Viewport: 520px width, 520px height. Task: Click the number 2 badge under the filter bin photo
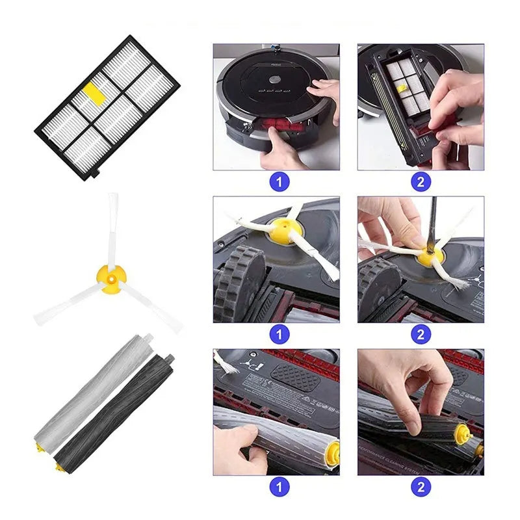click(x=421, y=181)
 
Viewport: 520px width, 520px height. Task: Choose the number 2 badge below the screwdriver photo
click(x=421, y=334)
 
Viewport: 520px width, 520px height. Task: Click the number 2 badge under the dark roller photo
click(x=421, y=486)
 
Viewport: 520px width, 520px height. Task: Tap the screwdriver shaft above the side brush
click(x=432, y=221)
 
